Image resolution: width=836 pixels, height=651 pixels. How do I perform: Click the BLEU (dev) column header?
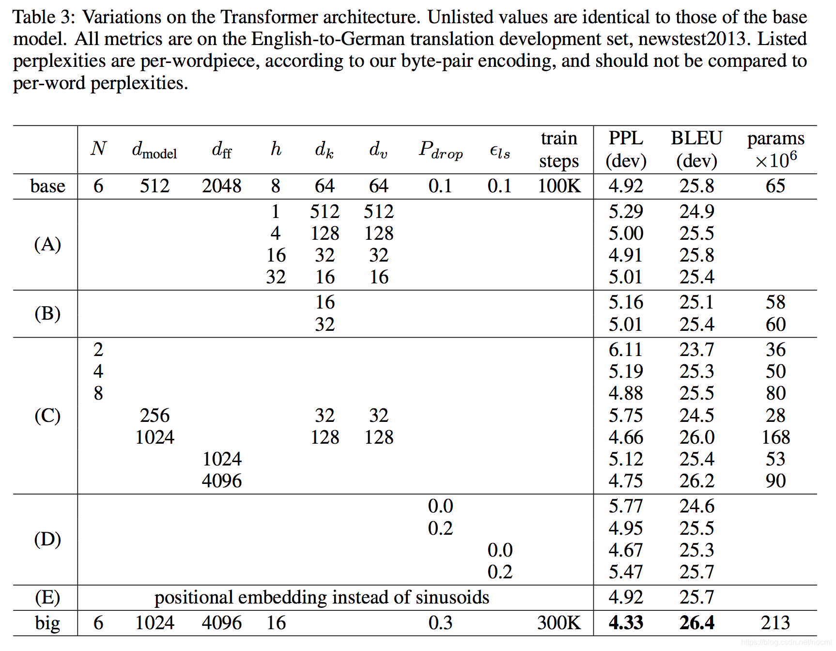coord(697,149)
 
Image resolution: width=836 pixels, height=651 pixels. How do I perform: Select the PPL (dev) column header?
coord(626,149)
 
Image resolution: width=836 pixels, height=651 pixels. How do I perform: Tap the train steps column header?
coord(559,149)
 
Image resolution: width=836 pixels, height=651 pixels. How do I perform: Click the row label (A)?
coord(47,244)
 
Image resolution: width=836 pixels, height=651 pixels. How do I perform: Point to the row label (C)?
coord(47,416)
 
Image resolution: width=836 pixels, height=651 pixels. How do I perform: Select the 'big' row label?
coord(47,623)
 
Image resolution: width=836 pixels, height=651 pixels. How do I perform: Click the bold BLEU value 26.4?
coord(697,623)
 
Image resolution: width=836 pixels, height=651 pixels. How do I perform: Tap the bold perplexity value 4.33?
coord(626,623)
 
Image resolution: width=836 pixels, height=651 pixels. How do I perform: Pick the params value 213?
coord(775,623)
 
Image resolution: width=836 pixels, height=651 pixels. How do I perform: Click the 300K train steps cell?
coord(559,623)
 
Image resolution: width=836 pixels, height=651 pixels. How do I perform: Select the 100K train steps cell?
coord(559,186)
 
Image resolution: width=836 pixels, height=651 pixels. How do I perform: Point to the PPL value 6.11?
coord(626,350)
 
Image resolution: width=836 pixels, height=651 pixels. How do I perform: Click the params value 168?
coord(775,437)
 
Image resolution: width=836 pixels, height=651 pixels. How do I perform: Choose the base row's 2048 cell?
coord(222,186)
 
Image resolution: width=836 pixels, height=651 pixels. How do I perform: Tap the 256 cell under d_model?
coord(155,416)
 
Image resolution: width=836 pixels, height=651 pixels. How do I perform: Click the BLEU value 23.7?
coord(697,350)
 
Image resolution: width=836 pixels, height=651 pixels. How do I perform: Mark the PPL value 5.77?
coord(626,507)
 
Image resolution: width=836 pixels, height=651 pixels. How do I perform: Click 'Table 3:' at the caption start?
coord(44,17)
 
